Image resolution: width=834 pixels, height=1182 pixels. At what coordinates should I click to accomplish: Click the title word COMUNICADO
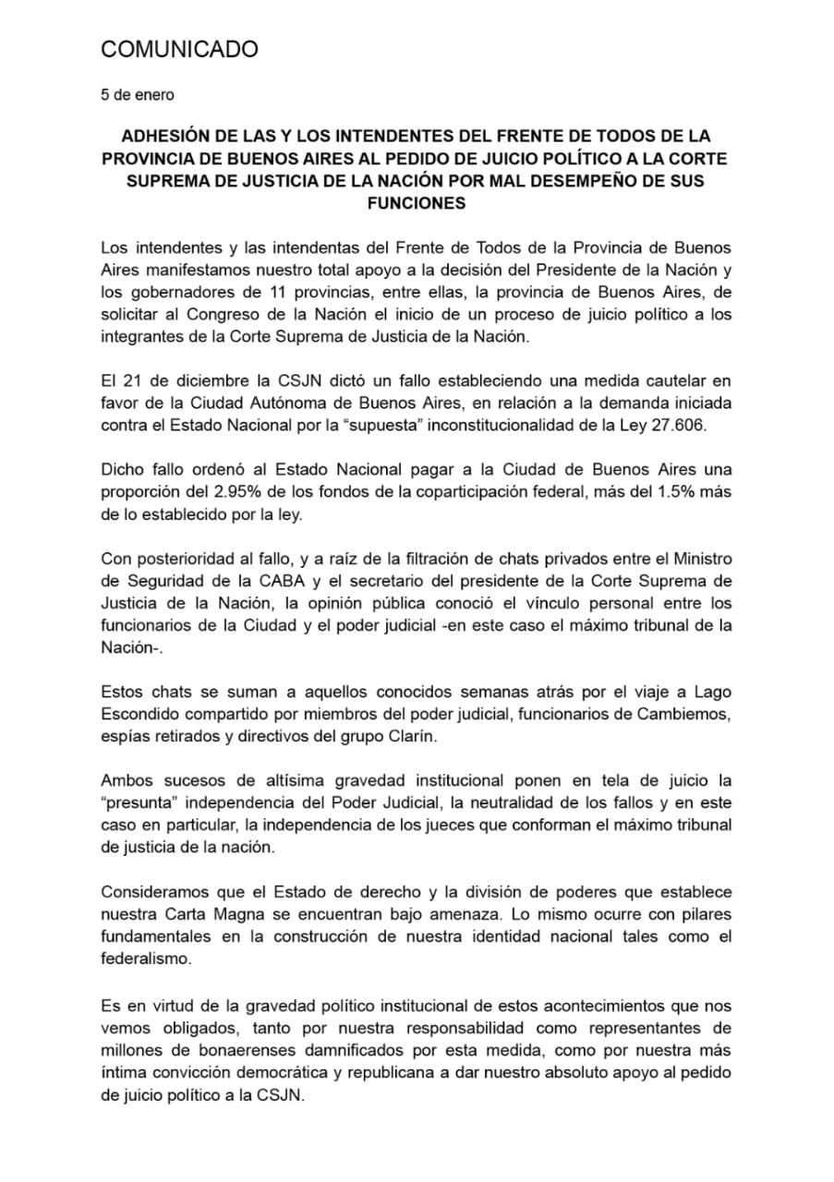click(x=179, y=50)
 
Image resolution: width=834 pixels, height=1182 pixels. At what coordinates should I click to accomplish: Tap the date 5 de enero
click(x=137, y=94)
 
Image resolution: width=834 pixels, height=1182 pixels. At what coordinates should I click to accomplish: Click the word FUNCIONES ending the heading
click(x=416, y=204)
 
